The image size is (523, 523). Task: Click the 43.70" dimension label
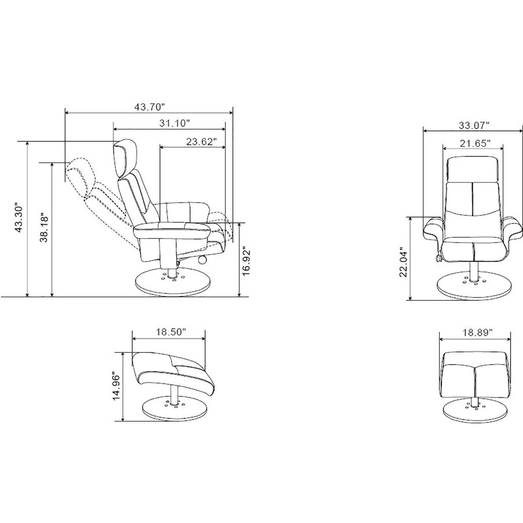coord(149,107)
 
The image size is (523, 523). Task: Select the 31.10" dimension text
coord(174,123)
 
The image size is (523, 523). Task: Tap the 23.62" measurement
coord(201,142)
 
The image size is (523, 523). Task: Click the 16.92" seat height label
coord(247,261)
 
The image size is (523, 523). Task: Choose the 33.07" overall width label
coord(474,126)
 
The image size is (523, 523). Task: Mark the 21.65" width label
coord(475,143)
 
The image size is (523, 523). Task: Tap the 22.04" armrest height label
coord(403,262)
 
